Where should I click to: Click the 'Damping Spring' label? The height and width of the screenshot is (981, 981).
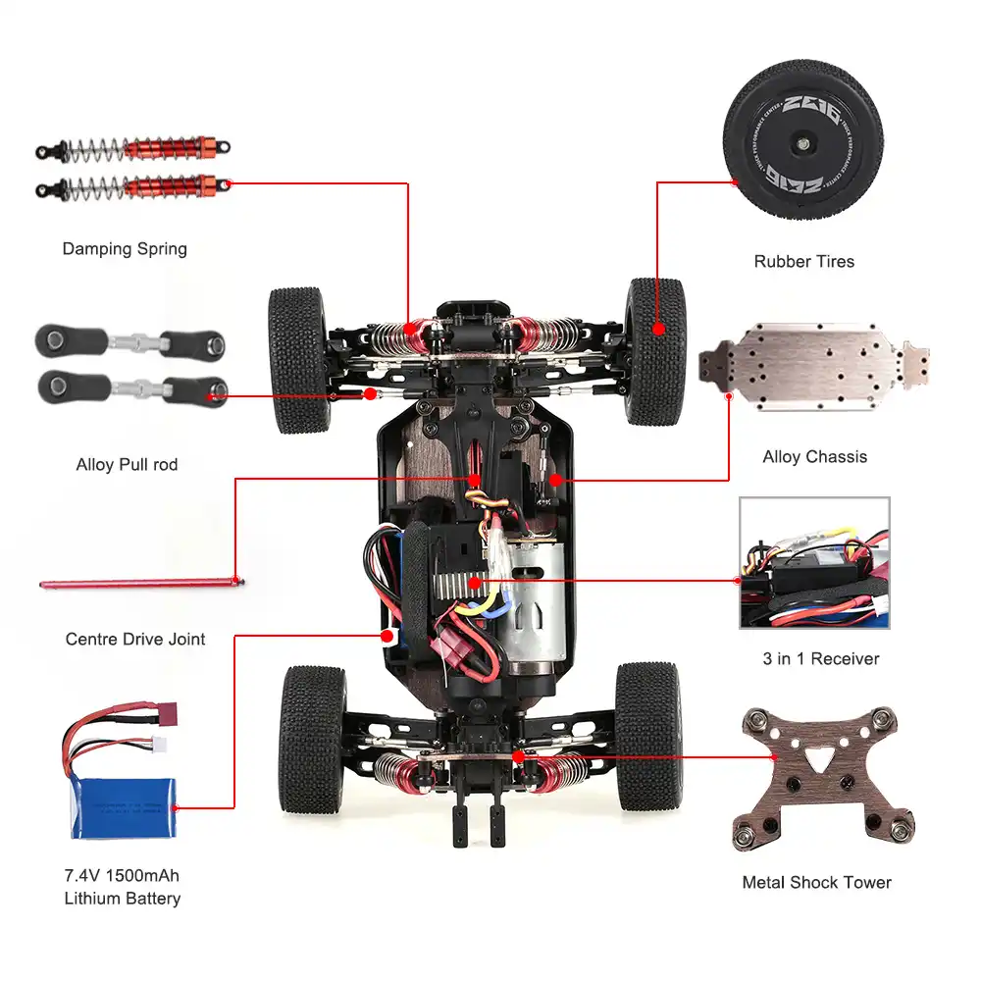click(x=125, y=249)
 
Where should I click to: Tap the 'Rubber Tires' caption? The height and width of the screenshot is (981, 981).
click(x=803, y=262)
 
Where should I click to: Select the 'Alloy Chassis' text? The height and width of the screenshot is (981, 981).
click(x=814, y=457)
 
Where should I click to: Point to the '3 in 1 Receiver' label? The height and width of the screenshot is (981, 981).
click(x=821, y=659)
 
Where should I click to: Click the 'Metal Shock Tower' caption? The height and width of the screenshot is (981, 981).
click(x=816, y=883)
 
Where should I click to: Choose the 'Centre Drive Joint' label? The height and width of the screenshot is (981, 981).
click(x=135, y=640)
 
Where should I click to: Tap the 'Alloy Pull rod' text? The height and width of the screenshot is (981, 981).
click(x=127, y=465)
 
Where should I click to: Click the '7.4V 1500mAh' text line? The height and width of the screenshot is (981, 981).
click(x=122, y=875)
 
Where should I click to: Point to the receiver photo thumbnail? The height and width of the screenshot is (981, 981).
click(x=814, y=563)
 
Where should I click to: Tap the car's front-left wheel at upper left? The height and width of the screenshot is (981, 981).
click(x=299, y=360)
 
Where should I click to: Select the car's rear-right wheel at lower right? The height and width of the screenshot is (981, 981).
click(x=646, y=737)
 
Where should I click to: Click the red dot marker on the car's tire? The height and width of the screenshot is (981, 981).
click(x=658, y=331)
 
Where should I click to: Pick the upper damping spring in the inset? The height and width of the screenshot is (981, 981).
click(x=134, y=149)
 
